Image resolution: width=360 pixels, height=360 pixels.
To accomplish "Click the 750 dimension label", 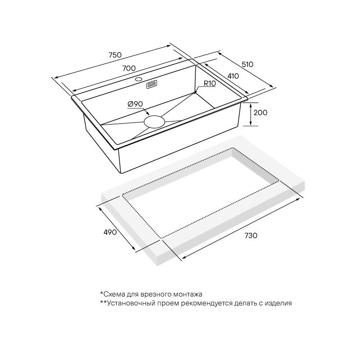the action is click(115, 55).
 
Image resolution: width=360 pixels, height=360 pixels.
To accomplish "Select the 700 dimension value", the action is click(129, 68).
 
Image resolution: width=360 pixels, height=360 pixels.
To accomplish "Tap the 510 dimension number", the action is click(247, 64).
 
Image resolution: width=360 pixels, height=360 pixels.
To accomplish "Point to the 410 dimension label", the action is click(233, 76).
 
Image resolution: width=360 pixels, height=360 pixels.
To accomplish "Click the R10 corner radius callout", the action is click(210, 83).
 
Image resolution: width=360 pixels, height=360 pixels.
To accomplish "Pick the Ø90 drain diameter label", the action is click(135, 104).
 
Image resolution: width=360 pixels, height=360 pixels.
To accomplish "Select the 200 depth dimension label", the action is click(261, 112).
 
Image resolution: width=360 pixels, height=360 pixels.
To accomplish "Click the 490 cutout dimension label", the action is click(110, 232).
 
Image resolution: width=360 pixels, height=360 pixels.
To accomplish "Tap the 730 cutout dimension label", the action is click(251, 235).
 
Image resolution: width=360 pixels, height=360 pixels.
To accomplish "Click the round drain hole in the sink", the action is click(154, 121).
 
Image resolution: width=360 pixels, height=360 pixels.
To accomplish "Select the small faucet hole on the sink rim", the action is click(139, 80).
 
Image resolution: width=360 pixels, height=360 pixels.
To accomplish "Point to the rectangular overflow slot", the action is click(152, 85).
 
